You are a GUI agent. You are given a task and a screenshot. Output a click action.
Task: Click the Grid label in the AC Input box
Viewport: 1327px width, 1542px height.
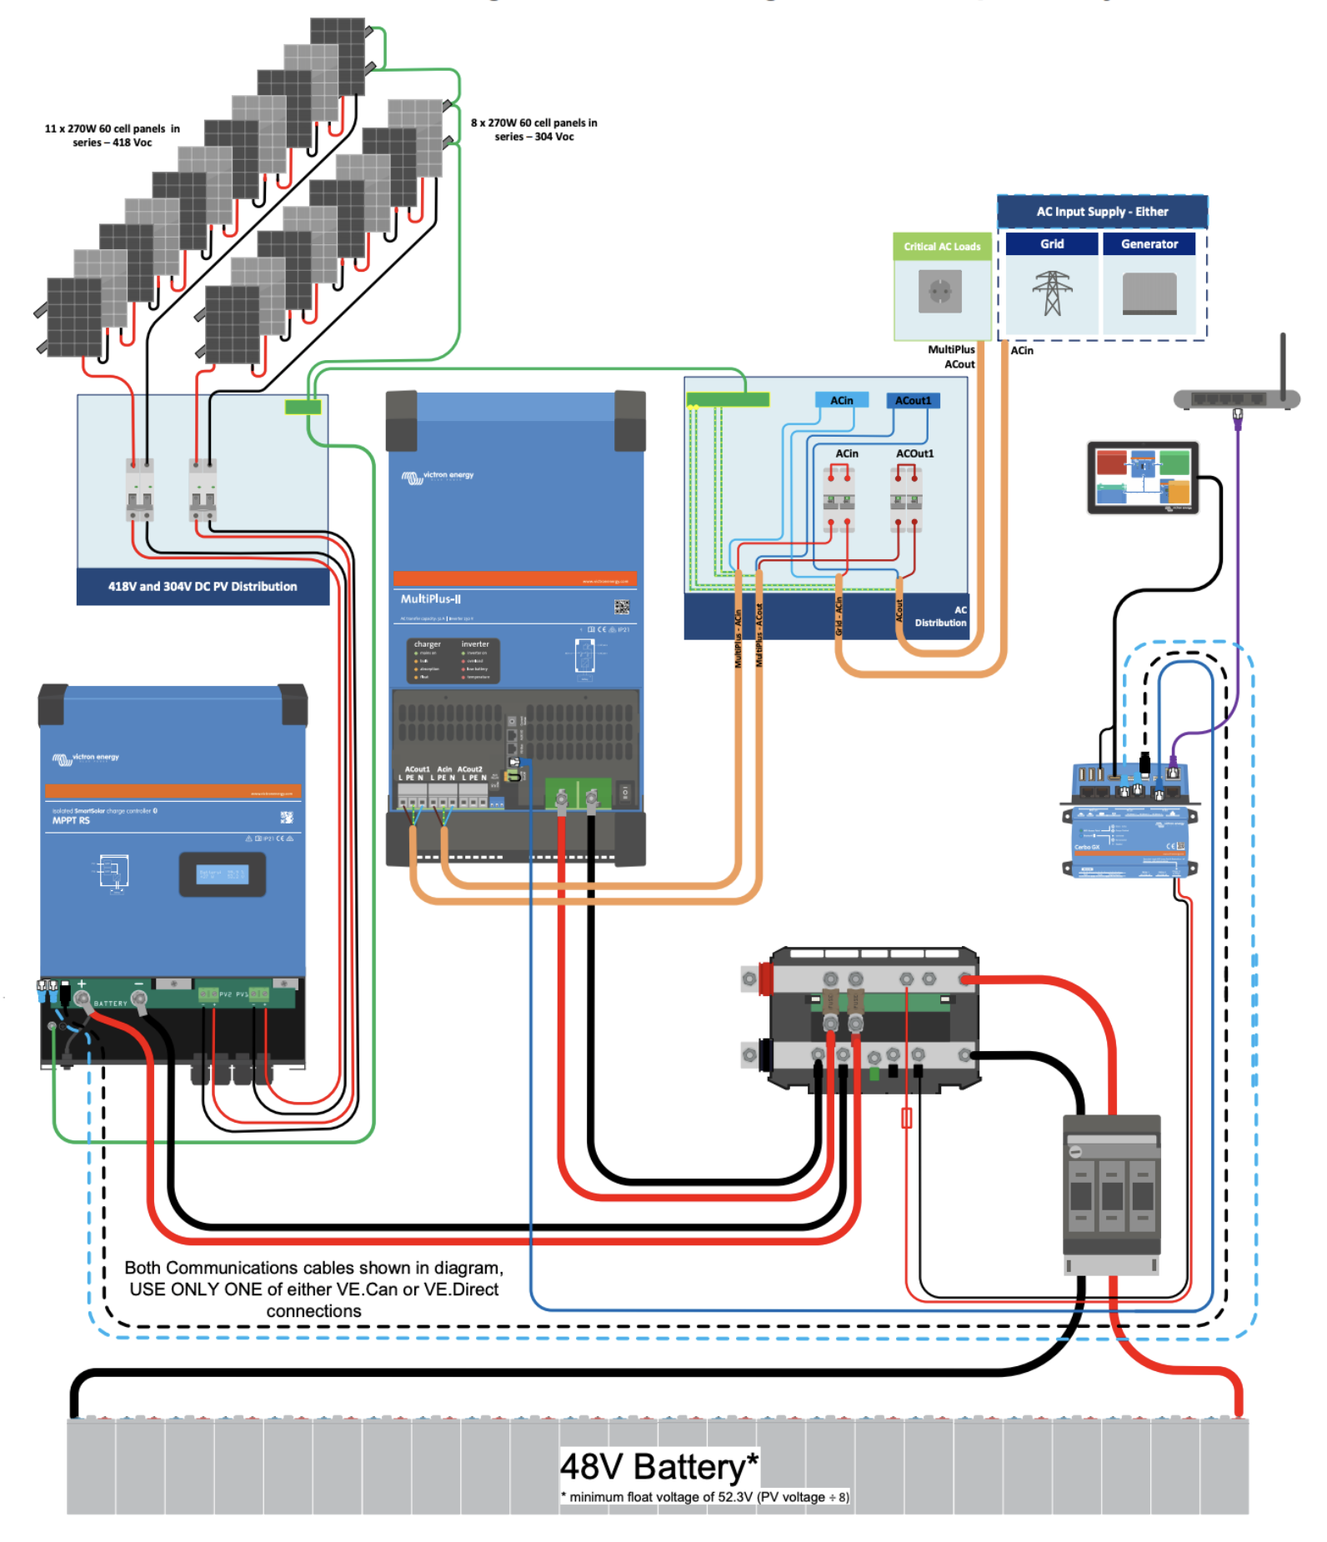coord(1051,244)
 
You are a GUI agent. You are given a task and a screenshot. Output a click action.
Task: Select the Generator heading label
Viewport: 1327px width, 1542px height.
coord(1149,244)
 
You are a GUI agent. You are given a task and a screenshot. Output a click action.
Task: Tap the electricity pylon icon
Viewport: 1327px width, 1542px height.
coord(1052,293)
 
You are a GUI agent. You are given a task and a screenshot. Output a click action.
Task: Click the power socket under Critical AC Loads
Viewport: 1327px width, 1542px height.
coord(940,293)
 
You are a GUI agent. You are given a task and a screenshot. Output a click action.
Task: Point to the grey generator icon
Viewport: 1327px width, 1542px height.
coord(1149,294)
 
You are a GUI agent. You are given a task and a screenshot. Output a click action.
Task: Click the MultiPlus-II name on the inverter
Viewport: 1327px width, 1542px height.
coord(431,599)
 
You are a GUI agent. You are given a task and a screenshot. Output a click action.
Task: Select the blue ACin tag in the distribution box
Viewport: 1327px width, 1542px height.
coord(841,401)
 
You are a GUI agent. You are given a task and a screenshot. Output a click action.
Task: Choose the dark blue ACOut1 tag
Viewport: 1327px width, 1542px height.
coord(913,401)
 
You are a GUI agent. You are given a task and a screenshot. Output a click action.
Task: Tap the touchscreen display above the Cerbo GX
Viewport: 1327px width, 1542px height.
coord(1143,478)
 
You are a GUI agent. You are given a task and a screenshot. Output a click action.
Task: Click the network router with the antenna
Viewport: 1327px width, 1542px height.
coord(1236,398)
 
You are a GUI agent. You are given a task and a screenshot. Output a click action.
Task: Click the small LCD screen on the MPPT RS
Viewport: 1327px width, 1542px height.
coord(222,874)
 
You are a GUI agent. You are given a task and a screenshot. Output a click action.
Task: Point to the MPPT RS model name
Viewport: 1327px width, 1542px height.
coord(71,821)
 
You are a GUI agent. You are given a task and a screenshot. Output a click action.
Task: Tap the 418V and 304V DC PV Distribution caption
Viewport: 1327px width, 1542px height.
coord(203,587)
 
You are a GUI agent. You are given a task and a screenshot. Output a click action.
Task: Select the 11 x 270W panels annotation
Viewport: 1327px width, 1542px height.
coord(112,136)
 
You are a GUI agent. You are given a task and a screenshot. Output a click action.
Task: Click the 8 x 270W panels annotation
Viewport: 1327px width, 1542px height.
coord(533,130)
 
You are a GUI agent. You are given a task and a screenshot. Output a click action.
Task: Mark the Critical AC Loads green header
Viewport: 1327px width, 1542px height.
coord(942,247)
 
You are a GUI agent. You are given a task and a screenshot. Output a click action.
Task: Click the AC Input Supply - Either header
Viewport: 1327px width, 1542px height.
coord(1102,212)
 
